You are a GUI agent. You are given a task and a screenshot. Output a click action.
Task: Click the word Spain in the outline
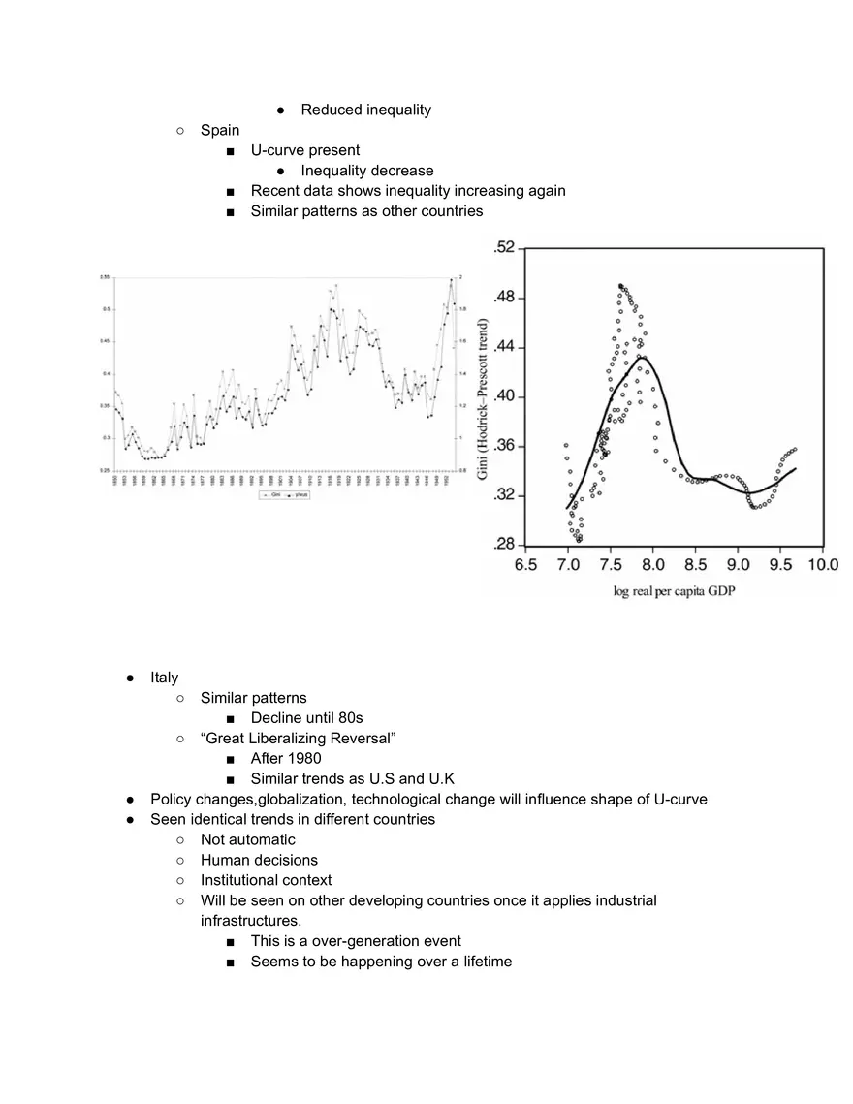point(219,130)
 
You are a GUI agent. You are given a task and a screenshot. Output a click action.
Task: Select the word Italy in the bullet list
point(164,678)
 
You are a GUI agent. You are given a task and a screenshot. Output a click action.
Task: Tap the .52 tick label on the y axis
point(504,249)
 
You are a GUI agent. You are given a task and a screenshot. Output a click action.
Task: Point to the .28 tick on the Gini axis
point(504,545)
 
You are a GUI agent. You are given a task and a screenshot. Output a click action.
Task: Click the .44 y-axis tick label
point(504,347)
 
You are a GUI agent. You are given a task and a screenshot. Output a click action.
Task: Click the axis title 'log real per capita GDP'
point(674,590)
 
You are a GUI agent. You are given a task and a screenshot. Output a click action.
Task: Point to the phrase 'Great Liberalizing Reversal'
point(299,739)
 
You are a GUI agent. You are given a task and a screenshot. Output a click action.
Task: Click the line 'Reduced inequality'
point(365,110)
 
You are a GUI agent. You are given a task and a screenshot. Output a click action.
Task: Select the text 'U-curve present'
point(304,150)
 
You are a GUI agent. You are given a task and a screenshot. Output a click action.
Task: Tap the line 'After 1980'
point(285,759)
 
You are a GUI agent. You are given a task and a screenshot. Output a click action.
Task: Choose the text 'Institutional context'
point(266,880)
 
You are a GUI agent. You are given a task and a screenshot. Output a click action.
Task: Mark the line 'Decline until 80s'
point(306,718)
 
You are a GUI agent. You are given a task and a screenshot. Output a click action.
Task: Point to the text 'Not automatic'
point(247,839)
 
